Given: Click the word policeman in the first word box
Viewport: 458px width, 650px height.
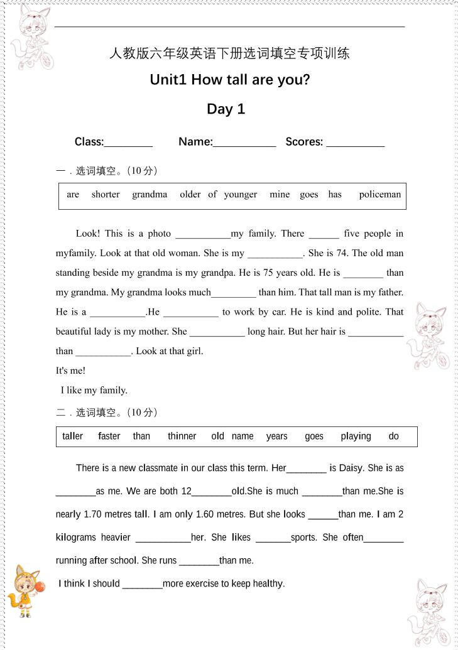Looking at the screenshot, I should (x=379, y=195).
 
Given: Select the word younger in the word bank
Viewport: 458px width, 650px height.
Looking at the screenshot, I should (x=240, y=195).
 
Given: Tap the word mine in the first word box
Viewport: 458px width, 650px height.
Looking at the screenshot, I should (x=280, y=195).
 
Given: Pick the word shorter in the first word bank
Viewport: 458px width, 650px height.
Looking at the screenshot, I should (x=105, y=195).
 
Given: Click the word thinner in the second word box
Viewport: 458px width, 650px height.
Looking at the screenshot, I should (x=182, y=436).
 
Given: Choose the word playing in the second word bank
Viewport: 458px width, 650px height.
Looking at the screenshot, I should (x=356, y=436).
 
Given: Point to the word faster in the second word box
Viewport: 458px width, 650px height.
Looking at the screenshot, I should (x=109, y=436).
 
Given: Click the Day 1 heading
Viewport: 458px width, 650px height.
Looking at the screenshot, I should (x=226, y=109).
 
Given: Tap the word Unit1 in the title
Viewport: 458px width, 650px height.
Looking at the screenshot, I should (x=168, y=80).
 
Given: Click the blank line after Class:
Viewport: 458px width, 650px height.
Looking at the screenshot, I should (x=128, y=143).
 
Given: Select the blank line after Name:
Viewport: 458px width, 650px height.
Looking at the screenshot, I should (x=244, y=143).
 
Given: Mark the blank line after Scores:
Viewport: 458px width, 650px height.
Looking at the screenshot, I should (x=355, y=143).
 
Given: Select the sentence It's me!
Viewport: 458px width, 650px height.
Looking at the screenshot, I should (x=70, y=371).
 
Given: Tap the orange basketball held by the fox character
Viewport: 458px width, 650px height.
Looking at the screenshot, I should (x=40, y=587).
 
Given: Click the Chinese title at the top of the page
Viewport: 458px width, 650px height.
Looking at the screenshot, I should (x=229, y=53).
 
